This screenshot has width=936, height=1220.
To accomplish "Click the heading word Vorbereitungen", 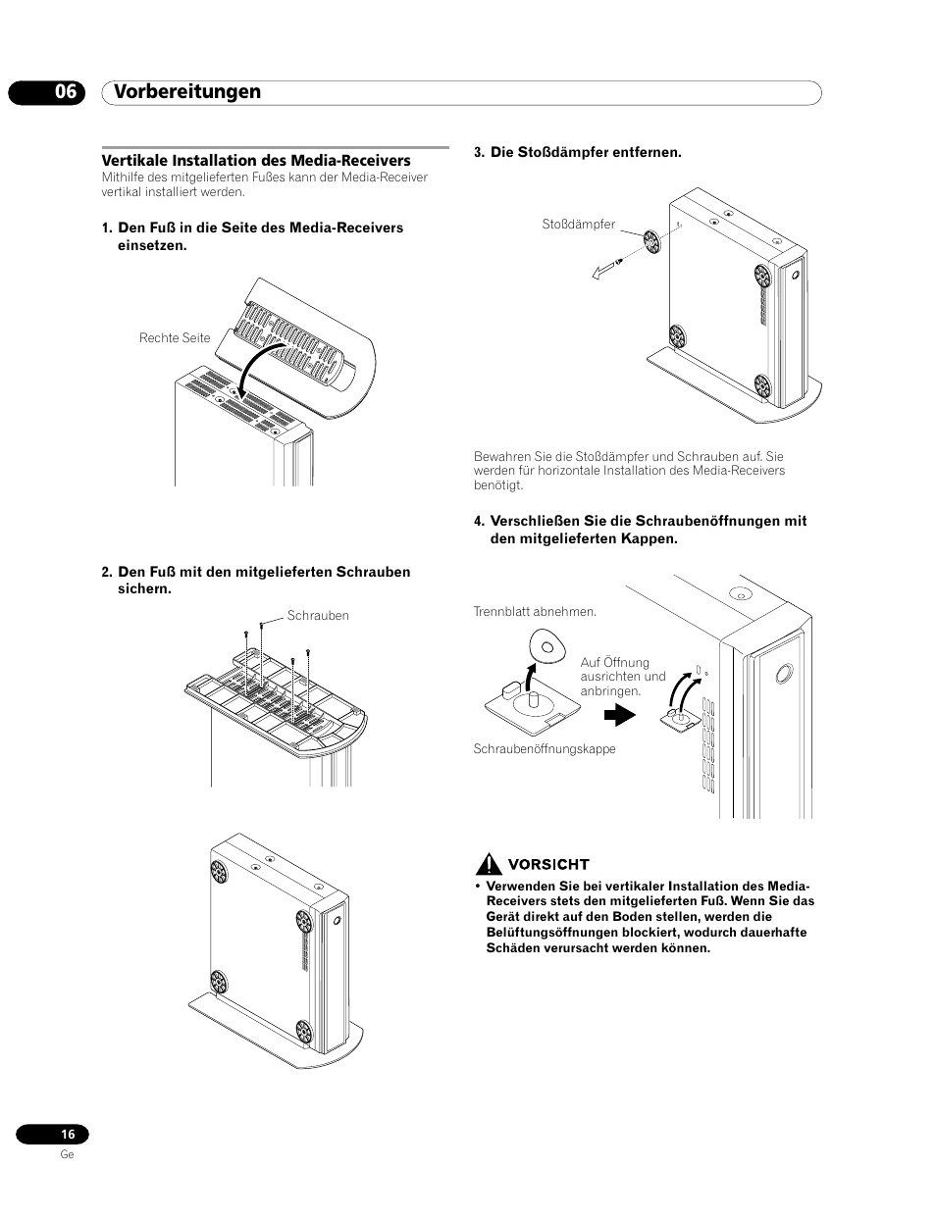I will tap(187, 91).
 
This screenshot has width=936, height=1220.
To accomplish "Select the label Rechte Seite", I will tap(175, 338).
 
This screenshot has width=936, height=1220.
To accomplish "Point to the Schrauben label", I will tap(318, 616).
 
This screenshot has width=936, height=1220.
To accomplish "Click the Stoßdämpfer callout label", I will tap(578, 225).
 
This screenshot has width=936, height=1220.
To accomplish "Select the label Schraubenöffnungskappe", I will tap(545, 749).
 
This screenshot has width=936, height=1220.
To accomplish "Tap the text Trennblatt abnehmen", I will tap(535, 612).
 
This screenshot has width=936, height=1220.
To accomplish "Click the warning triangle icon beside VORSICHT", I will tap(488, 864).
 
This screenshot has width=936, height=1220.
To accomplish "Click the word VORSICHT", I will tap(547, 864).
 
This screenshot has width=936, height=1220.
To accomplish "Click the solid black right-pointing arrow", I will tap(619, 717).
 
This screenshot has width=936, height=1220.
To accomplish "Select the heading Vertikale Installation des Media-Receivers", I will tap(256, 160).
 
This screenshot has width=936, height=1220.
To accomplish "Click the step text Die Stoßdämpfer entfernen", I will tap(585, 152).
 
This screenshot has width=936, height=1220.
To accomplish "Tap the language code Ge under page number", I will tap(67, 1154).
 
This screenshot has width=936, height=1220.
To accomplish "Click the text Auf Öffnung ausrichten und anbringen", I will tap(622, 677).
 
